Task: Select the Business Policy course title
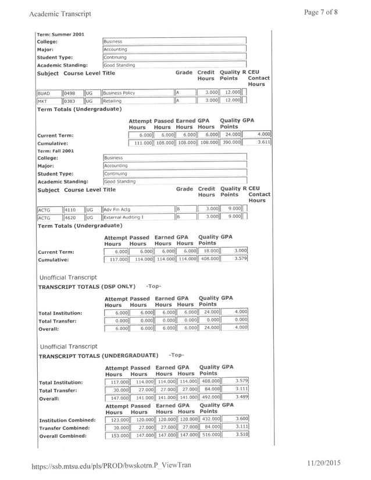120,92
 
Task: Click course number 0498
70,92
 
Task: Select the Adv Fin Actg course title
117,209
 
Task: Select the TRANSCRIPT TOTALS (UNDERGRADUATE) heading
98,354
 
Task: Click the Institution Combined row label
66,420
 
